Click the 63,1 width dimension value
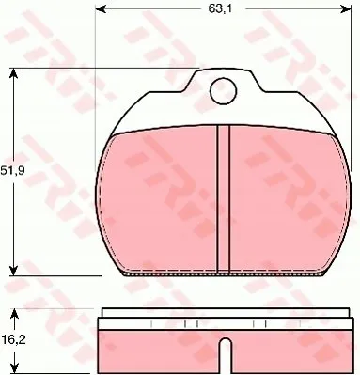(220, 8)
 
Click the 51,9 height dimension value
(12, 171)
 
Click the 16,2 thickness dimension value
(13, 339)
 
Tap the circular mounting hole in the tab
(223, 91)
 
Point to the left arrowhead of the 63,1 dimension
(100, 9)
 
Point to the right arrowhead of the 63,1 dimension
(347, 9)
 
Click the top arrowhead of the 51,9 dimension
(13, 73)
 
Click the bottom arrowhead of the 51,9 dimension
(13, 271)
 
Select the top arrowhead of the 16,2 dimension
(14, 314)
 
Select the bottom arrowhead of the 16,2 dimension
(14, 368)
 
